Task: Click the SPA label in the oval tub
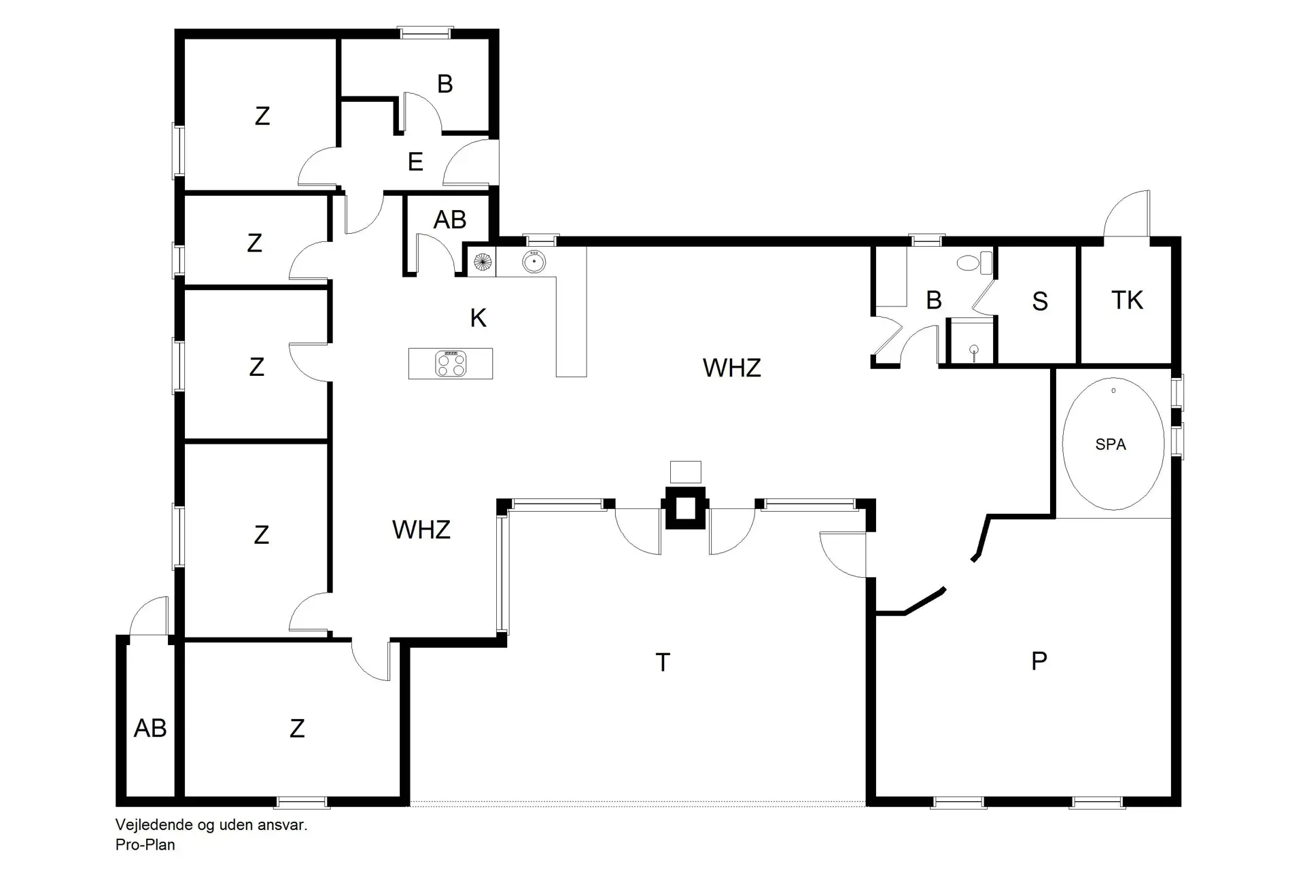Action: click(x=1111, y=445)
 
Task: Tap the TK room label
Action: click(x=1127, y=300)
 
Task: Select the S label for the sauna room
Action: click(x=1039, y=302)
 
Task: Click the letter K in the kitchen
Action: click(x=478, y=318)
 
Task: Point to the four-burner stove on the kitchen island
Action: click(x=451, y=364)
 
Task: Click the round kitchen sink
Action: click(x=534, y=261)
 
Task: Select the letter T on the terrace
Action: click(x=663, y=662)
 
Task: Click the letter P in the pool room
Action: click(x=1039, y=661)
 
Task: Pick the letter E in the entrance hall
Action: click(x=415, y=162)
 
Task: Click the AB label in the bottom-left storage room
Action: click(x=150, y=729)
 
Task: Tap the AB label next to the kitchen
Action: click(x=450, y=220)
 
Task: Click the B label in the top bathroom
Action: click(x=445, y=84)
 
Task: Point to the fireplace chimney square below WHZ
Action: click(x=685, y=508)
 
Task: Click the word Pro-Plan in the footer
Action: click(x=145, y=845)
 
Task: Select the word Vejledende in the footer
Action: click(x=154, y=825)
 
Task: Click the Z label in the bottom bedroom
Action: click(x=297, y=729)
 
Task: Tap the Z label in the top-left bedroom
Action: click(x=262, y=116)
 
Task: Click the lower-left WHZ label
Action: click(x=421, y=529)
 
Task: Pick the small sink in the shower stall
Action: click(x=974, y=350)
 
